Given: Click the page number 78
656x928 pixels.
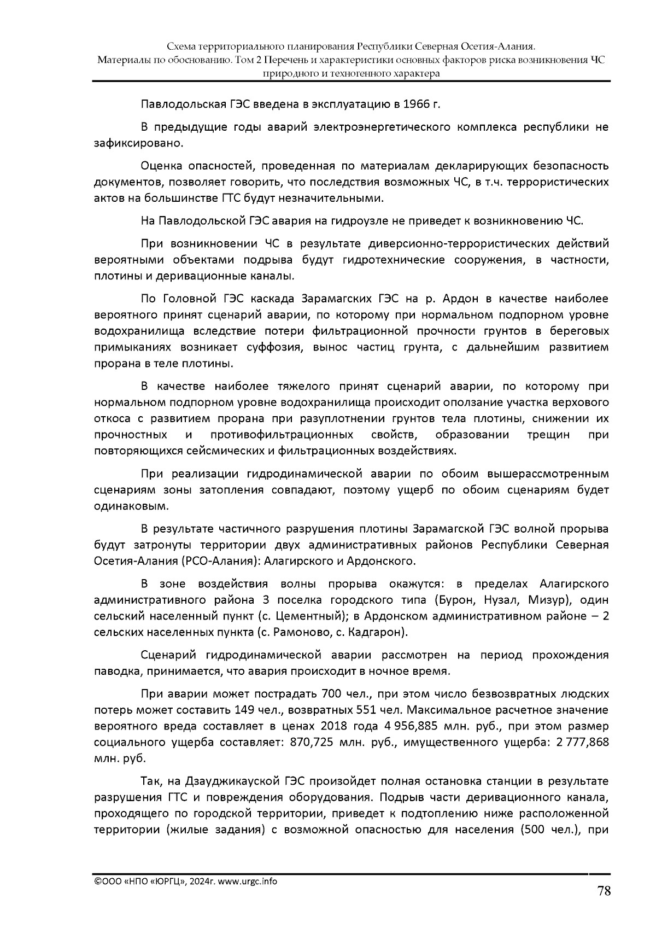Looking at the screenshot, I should (604, 892).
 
